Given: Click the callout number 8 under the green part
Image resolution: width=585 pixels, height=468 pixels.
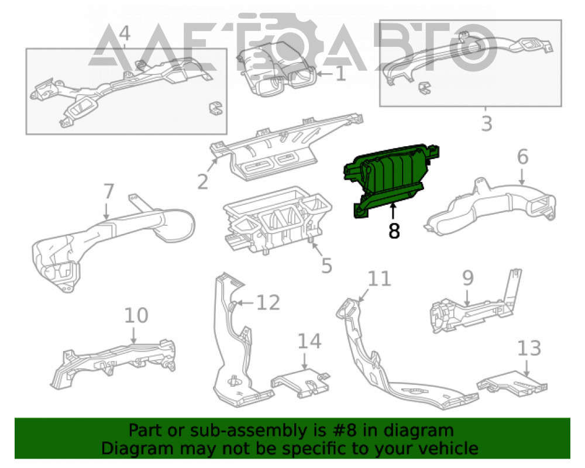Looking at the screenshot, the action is [x=394, y=230].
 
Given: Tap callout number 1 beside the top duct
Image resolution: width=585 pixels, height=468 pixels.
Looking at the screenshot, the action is [x=340, y=74].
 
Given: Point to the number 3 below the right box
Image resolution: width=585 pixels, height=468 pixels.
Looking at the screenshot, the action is [x=487, y=123].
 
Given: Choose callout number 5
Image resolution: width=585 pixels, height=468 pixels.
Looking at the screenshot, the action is [x=326, y=266].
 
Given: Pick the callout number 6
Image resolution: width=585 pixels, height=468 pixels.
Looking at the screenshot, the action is [x=522, y=156].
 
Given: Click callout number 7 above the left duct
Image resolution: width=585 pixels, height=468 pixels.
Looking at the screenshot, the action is [x=108, y=191].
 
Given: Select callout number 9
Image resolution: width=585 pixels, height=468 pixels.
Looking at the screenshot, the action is [x=468, y=278].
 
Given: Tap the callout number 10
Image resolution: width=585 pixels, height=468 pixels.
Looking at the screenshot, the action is [x=136, y=315].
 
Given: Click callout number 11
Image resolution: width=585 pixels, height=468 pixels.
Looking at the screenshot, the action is [x=380, y=279].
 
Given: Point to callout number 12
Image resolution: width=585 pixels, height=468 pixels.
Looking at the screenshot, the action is [x=269, y=302].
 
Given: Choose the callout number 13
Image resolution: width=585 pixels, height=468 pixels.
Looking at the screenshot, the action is [x=529, y=348].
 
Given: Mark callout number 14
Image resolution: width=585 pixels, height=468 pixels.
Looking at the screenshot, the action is [x=309, y=342].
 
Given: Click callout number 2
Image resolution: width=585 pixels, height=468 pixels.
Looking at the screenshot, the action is [x=202, y=182].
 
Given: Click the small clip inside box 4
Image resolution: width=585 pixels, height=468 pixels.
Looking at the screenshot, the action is [x=215, y=108].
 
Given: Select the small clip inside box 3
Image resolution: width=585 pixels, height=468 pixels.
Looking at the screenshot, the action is [x=424, y=88].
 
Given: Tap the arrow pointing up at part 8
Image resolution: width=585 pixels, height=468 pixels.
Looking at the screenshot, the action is [x=393, y=211].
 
